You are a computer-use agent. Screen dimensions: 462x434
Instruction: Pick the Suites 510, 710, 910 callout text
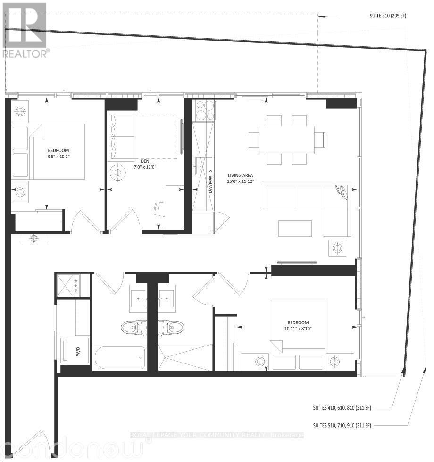[342, 425]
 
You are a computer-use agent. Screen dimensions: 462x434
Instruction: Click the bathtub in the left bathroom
[119, 359]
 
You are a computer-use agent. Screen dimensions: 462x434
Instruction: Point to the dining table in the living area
[286, 140]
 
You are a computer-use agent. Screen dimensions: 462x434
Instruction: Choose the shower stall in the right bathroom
[185, 357]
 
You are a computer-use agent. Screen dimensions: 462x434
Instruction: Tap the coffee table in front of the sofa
[295, 228]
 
